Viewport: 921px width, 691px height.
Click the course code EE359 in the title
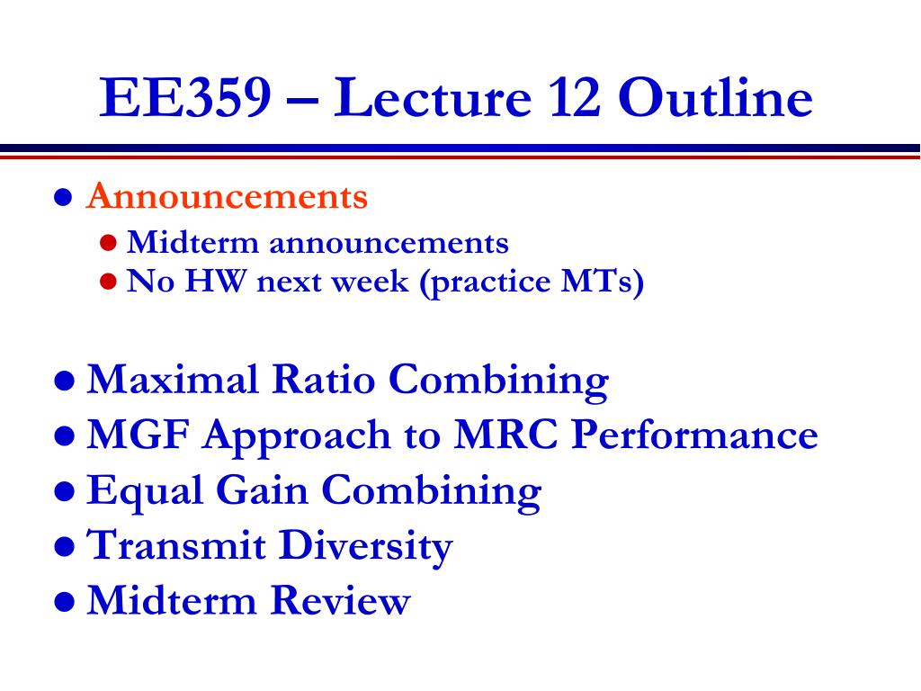(185, 97)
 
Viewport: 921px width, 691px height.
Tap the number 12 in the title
(574, 97)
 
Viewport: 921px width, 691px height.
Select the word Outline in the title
(715, 96)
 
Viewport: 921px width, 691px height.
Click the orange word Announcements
(227, 195)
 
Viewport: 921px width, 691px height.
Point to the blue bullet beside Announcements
(64, 197)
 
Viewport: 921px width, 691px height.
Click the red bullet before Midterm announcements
(108, 243)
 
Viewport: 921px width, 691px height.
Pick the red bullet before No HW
(108, 282)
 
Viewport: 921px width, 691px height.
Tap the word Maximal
(173, 379)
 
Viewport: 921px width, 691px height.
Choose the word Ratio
(324, 379)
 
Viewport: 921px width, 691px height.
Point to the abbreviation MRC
(505, 435)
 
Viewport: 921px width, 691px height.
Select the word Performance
(695, 435)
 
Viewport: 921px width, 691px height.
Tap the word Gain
(263, 489)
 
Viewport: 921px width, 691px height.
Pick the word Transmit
(176, 544)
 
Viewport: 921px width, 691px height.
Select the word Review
(341, 600)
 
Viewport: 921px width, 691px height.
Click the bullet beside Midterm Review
(64, 602)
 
